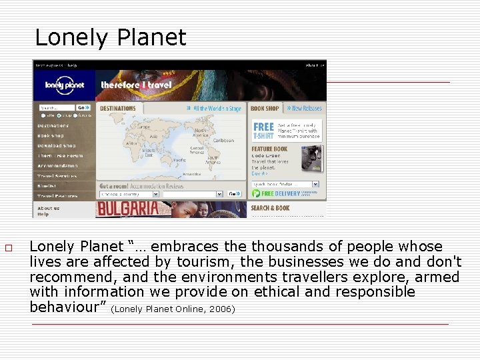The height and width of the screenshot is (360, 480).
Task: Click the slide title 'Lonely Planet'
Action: [x=110, y=37]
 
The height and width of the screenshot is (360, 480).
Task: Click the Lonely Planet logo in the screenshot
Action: [x=63, y=85]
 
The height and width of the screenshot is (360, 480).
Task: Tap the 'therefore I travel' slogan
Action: [x=136, y=85]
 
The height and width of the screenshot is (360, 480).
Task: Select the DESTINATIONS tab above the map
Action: [x=118, y=108]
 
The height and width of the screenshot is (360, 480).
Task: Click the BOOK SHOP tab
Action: [x=265, y=108]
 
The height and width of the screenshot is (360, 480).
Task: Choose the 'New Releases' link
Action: [x=307, y=108]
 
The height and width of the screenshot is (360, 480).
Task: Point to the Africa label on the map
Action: [x=131, y=143]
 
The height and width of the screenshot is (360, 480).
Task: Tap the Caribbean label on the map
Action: [x=224, y=141]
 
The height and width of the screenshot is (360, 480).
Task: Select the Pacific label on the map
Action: [x=179, y=161]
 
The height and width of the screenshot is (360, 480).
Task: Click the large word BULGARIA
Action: [x=128, y=209]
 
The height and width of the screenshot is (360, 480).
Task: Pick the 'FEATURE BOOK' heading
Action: [x=269, y=149]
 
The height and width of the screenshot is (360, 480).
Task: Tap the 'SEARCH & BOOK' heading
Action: [x=270, y=208]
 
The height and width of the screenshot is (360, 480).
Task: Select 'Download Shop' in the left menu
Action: [x=56, y=145]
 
